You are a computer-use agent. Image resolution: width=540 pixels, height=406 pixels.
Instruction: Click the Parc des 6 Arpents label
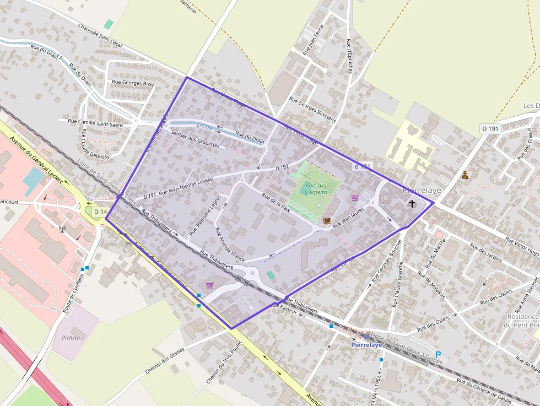[316, 189]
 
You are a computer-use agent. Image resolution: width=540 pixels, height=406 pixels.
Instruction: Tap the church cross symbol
[412, 204]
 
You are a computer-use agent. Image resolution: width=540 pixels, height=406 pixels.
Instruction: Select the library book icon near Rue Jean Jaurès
[327, 220]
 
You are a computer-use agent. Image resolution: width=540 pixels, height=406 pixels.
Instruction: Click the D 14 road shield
[100, 212]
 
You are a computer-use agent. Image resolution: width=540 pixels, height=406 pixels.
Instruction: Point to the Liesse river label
[204, 126]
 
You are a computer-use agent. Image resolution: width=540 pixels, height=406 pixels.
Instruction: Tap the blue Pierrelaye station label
[366, 345]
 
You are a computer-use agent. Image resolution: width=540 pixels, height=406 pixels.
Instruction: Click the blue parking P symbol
[438, 339]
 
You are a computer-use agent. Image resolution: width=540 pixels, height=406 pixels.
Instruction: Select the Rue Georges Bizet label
[133, 83]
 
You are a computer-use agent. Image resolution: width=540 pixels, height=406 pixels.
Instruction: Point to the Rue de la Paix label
[276, 203]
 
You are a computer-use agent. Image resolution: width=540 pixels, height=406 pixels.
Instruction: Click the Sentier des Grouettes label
[195, 139]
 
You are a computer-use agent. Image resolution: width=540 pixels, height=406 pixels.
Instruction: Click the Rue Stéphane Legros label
[205, 215]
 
